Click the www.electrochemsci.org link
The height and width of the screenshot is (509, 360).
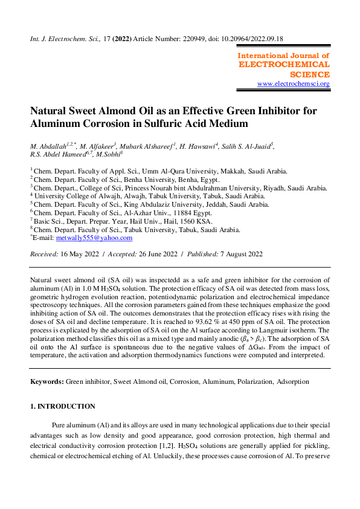[x=294, y=83]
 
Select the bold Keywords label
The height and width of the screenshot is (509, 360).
[x=47, y=382]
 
